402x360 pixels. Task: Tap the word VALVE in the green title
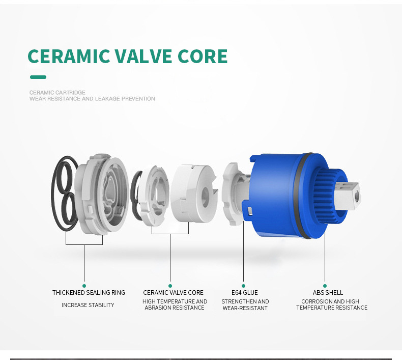tap(143, 56)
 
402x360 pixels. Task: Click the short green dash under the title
tap(38, 77)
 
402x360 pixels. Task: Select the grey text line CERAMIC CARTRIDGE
tap(57, 92)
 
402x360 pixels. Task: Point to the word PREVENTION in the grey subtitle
tap(138, 99)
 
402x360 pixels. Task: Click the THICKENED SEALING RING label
tap(89, 292)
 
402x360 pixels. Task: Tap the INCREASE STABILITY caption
tap(88, 305)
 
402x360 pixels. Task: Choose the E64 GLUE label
tap(245, 292)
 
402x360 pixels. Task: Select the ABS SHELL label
tap(328, 292)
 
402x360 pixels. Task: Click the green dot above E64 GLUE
tap(243, 286)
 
